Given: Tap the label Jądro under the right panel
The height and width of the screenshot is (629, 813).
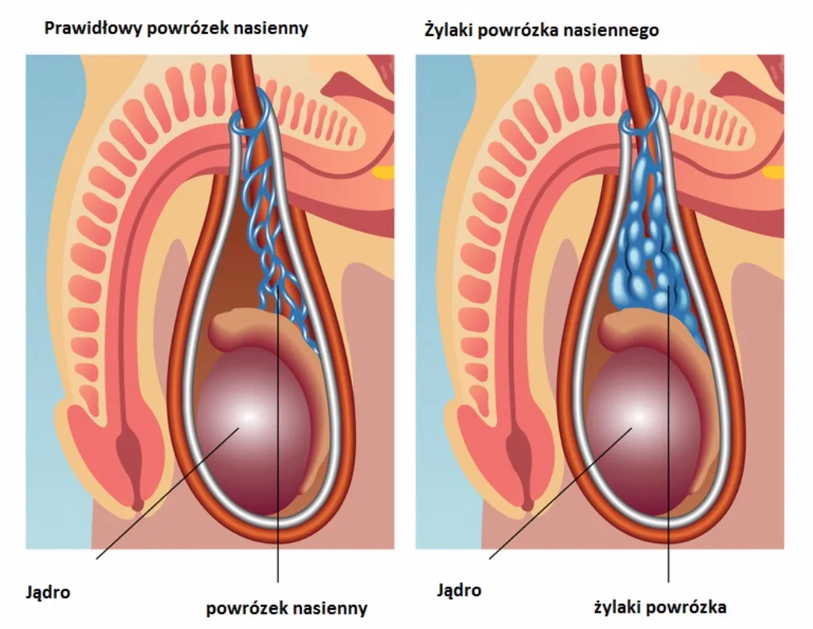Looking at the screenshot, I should [459, 589].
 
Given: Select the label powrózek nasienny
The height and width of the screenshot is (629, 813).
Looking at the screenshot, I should [286, 608].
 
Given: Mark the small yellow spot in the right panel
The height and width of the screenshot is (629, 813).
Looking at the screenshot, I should [772, 172].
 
